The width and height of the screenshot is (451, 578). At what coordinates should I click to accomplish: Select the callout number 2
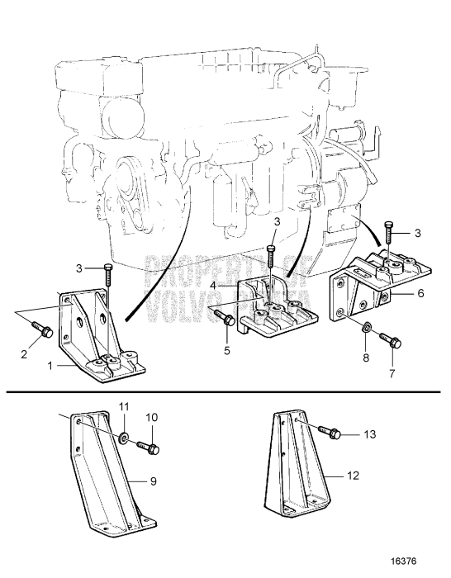click(x=23, y=354)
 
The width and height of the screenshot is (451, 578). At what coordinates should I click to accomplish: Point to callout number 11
click(x=126, y=408)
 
